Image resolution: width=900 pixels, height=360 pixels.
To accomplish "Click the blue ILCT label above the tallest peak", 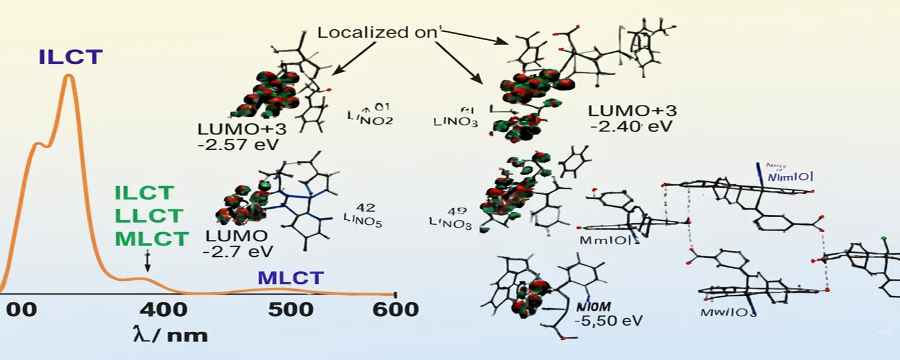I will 71,57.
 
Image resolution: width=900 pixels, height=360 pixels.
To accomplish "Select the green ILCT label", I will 145,193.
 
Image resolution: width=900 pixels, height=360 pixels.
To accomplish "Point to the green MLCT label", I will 151,239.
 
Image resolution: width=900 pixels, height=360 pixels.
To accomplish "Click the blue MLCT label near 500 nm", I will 291,278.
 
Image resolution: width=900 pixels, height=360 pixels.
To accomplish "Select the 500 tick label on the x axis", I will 291,310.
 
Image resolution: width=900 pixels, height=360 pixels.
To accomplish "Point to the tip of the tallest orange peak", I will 69,75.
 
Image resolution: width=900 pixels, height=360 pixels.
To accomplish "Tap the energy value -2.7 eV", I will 238,250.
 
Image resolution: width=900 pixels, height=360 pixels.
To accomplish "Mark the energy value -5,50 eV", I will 608,320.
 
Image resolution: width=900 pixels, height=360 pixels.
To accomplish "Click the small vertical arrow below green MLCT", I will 148,262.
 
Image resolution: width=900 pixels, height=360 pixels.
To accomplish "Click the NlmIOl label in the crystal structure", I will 791,176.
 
